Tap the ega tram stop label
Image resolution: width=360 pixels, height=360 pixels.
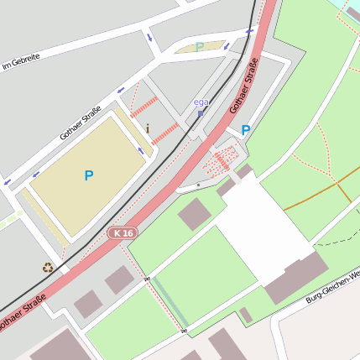201,102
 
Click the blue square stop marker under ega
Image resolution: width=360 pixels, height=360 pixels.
201,112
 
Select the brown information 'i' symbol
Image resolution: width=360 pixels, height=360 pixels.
149,128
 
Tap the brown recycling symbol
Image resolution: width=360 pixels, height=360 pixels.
48,268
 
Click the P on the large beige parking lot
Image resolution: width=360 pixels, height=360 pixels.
89,175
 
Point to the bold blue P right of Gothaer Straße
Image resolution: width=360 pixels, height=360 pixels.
246,130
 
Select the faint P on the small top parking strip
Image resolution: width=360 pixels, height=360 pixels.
199,47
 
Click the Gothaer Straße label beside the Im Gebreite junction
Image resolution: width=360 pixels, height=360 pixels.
81,123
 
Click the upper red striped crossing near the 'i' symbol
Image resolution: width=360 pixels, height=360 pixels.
144,107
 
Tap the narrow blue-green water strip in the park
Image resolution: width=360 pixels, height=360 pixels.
169,300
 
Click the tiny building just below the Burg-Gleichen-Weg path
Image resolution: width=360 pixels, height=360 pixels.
245,316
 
